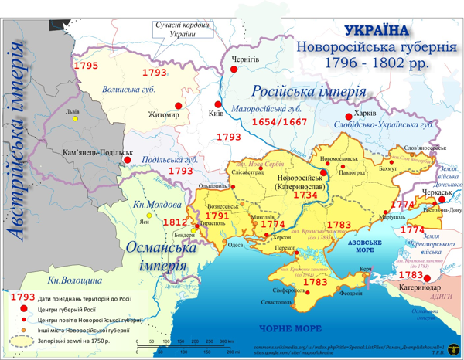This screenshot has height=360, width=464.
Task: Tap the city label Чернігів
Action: (x=245, y=59)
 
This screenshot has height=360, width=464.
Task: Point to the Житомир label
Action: (x=164, y=115)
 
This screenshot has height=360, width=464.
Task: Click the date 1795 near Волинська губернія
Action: (x=86, y=66)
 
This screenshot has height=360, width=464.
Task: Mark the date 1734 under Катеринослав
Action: (x=305, y=195)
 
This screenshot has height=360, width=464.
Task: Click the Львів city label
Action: (x=73, y=111)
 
